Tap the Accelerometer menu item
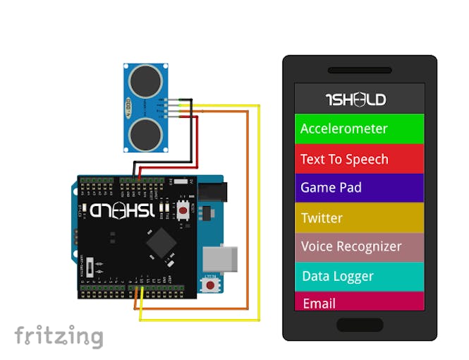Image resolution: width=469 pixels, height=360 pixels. [359, 129]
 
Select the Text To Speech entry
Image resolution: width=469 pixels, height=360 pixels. [359, 160]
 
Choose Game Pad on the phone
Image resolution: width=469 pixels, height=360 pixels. [359, 188]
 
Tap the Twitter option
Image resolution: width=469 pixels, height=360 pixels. [359, 218]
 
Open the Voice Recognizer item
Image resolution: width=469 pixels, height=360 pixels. [359, 247]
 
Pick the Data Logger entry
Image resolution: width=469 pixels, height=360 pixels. [359, 277]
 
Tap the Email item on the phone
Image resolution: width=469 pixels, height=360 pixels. [359, 303]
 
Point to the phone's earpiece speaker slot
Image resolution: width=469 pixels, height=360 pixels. [359, 71]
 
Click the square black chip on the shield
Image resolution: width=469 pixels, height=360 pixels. [162, 244]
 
